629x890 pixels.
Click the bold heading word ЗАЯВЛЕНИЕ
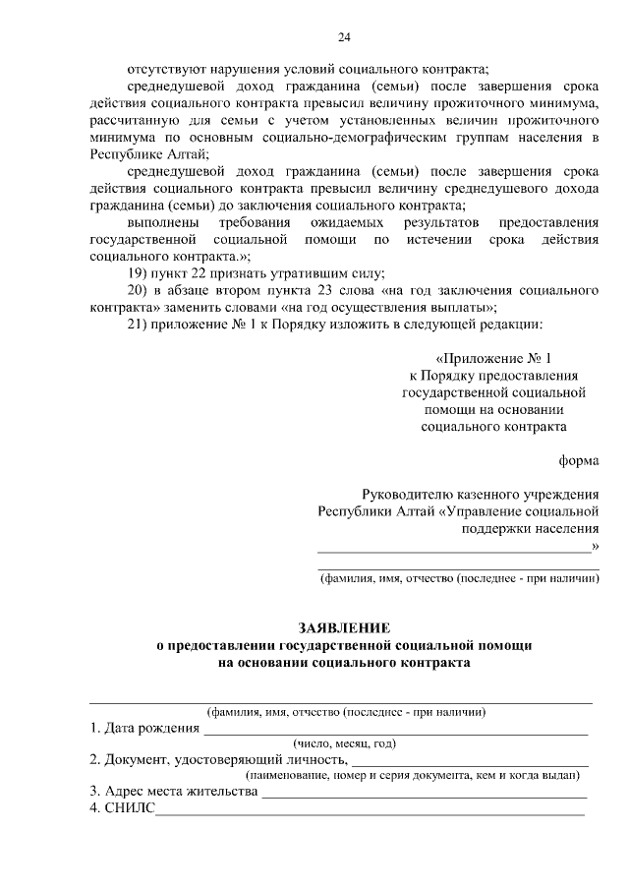pos(344,627)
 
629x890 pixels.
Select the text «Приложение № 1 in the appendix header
pos(500,358)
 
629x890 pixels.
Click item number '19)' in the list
pos(140,272)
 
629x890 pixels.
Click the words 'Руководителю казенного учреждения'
pos(480,494)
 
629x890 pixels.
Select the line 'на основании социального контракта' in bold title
pos(344,663)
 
